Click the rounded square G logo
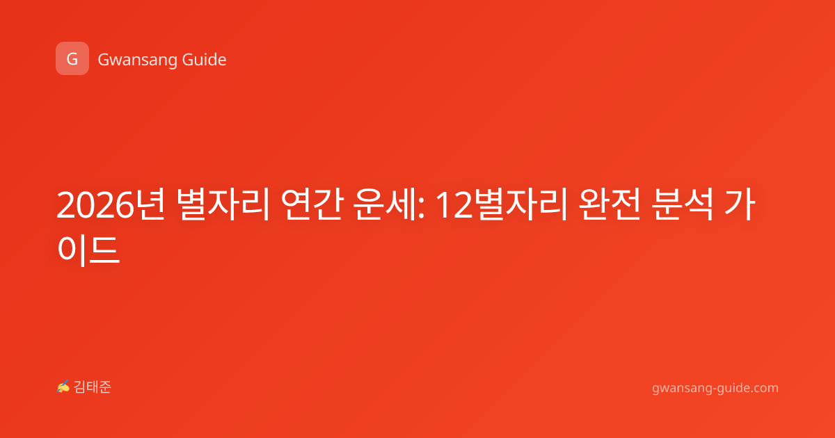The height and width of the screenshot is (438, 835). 72,58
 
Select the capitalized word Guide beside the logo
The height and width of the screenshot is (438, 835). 205,60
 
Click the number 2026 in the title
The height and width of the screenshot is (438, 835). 95,205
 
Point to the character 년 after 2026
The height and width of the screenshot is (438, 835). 150,204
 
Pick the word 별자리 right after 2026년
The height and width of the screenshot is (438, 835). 223,204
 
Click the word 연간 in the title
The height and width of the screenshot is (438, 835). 312,204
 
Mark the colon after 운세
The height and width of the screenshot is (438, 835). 421,209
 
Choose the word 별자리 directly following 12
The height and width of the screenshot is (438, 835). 520,204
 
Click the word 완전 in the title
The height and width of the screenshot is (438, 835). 610,204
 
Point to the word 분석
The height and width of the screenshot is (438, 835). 683,204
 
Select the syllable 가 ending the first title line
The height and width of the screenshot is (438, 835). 740,204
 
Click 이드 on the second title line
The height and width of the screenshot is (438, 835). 88,250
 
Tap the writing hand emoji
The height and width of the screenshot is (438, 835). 63,387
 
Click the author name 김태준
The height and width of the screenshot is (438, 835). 93,387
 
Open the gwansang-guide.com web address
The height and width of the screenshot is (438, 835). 715,389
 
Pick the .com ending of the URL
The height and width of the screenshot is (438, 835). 764,389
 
